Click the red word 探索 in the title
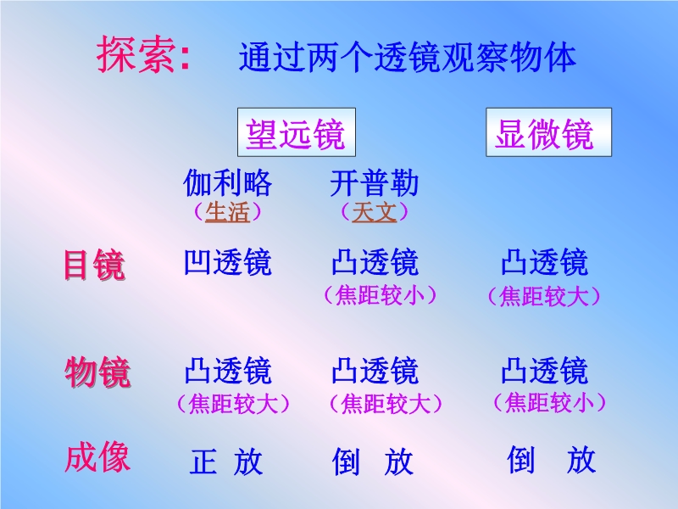pyautogui.click(x=136, y=54)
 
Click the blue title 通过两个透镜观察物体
pyautogui.click(x=408, y=57)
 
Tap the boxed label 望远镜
pyautogui.click(x=296, y=132)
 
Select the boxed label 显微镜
pyautogui.click(x=548, y=132)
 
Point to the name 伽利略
pyautogui.click(x=228, y=182)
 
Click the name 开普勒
pyautogui.click(x=375, y=182)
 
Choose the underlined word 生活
pyautogui.click(x=227, y=212)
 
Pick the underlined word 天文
pyautogui.click(x=375, y=212)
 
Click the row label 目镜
pyautogui.click(x=95, y=265)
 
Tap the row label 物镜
pyautogui.click(x=97, y=372)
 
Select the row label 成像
pyautogui.click(x=97, y=457)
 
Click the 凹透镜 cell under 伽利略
pyautogui.click(x=228, y=262)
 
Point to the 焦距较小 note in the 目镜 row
pyautogui.click(x=381, y=295)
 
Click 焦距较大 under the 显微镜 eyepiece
pyautogui.click(x=544, y=297)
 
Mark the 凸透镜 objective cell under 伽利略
pyautogui.click(x=228, y=371)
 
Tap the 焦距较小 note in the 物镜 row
pyautogui.click(x=549, y=402)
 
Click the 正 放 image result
pyautogui.click(x=226, y=461)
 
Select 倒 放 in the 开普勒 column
pyautogui.click(x=372, y=461)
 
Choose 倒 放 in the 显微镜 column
pyautogui.click(x=552, y=460)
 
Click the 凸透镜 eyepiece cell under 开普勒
pyautogui.click(x=375, y=262)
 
